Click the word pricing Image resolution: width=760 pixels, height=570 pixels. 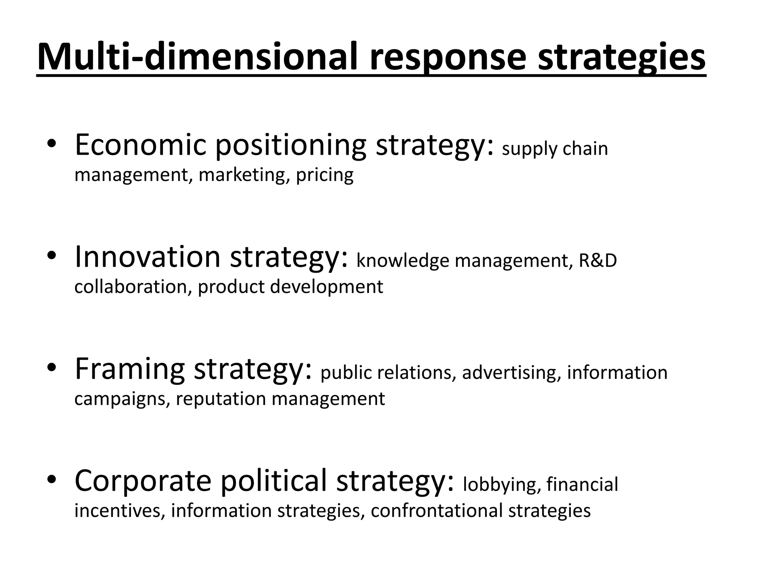pos(325,175)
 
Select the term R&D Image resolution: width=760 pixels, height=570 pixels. pos(598,261)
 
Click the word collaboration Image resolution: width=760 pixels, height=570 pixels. pos(132,287)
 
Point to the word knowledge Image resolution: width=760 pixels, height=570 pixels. pos(403,261)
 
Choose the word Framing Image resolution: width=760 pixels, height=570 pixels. pos(130,369)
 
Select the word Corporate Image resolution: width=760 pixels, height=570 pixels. pos(143,481)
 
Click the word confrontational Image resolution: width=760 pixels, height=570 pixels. pos(436,511)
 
